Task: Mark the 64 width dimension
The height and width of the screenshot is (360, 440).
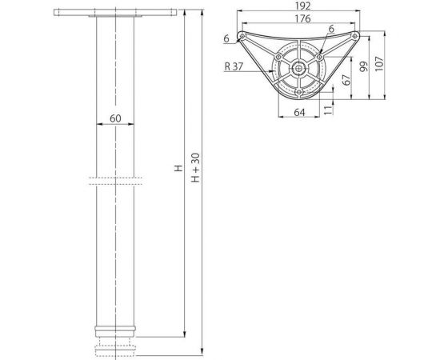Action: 298,112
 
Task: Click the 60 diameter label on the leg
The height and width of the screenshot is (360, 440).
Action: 115,118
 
